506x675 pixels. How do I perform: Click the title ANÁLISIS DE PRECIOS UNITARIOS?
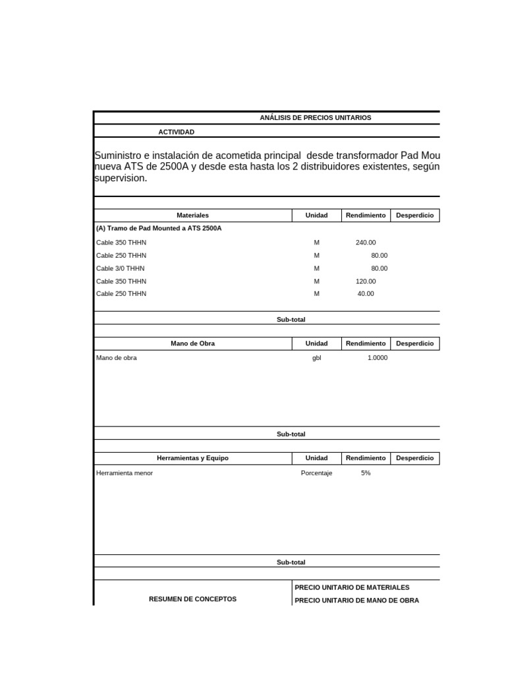(316, 117)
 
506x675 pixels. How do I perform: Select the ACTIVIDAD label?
(176, 132)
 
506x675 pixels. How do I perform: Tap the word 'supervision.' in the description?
(121, 179)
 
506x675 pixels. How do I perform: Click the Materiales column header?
(192, 216)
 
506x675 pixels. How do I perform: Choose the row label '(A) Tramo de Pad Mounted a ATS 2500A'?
(159, 228)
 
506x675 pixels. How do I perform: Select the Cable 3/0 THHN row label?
(121, 268)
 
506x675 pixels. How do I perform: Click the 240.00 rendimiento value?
(366, 243)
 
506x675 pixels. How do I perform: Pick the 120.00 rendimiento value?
(366, 281)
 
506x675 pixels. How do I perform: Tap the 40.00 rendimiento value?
(366, 293)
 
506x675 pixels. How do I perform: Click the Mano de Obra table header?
(192, 343)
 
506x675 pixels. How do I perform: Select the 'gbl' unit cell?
(316, 358)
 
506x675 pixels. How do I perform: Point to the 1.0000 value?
(378, 358)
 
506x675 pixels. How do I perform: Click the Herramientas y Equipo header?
(192, 458)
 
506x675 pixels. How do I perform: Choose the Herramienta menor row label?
(125, 473)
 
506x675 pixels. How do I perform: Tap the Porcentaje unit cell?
(316, 473)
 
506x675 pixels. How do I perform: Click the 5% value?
(366, 473)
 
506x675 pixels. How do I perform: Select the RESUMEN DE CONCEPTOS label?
(192, 599)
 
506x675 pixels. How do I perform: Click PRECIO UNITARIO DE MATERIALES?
(352, 587)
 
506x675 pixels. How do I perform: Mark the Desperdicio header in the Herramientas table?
(414, 458)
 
